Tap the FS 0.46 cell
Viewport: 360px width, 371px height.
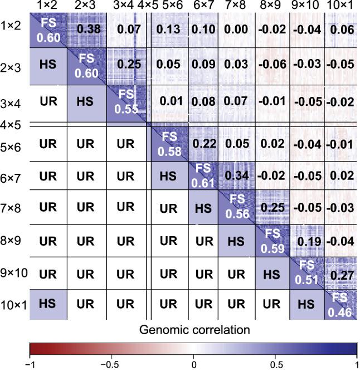point(340,305)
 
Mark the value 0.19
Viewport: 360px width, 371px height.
point(307,242)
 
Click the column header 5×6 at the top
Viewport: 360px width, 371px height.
point(169,6)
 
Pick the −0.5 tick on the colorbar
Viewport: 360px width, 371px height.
point(111,364)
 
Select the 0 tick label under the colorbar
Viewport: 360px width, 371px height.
point(193,364)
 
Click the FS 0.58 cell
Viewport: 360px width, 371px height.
point(169,143)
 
